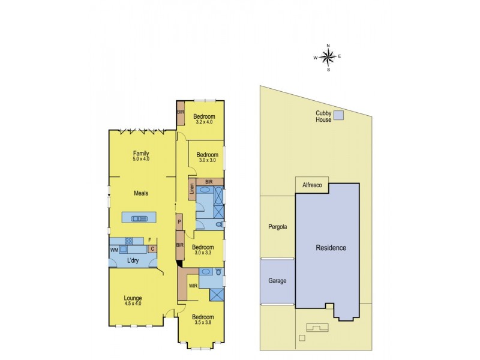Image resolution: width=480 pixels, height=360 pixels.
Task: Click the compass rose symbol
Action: tap(328, 57)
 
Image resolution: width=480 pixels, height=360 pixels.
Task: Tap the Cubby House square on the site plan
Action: tap(339, 115)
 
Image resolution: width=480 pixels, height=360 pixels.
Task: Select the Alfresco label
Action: tap(312, 186)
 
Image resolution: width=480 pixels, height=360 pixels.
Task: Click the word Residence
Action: tap(331, 248)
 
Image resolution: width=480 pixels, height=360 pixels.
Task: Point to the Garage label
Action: tap(277, 281)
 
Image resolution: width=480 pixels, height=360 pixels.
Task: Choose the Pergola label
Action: tap(277, 227)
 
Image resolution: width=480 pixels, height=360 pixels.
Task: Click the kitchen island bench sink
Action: tap(139, 218)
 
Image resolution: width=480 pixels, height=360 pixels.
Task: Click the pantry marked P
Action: tap(179, 222)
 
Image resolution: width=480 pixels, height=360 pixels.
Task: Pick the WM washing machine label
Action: tap(114, 248)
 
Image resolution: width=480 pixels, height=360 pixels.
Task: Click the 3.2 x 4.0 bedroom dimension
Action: tap(205, 122)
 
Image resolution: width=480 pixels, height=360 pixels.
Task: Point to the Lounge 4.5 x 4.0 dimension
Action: tap(133, 304)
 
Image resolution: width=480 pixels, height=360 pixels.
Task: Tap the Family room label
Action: tap(141, 153)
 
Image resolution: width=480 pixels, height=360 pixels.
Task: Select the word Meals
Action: tap(141, 193)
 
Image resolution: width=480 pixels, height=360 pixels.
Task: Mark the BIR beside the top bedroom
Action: tap(180, 112)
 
